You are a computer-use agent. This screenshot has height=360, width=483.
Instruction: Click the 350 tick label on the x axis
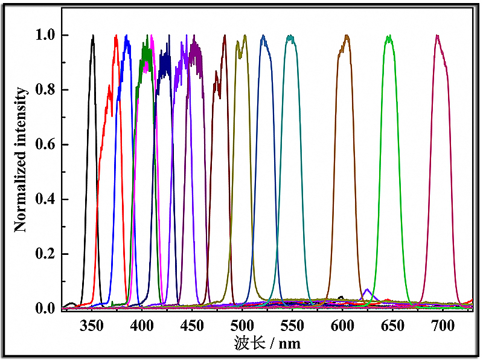92,326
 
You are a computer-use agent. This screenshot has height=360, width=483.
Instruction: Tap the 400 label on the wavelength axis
142,326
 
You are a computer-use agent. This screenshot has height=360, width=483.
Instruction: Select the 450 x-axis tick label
192,326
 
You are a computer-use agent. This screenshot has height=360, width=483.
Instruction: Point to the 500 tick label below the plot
242,326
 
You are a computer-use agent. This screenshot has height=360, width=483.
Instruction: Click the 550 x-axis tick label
292,326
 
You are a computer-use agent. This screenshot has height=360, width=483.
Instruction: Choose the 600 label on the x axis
342,326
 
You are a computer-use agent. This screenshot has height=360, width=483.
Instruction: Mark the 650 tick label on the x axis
392,326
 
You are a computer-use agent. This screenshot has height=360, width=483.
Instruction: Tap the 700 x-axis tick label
443,326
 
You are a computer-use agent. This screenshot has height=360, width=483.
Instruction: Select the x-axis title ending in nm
266,344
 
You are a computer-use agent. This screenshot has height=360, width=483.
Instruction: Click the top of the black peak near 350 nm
93,36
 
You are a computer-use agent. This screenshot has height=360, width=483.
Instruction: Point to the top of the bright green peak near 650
389,36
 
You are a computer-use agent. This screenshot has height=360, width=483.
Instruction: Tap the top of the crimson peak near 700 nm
437,36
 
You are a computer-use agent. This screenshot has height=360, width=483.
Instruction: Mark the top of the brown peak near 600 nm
347,36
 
